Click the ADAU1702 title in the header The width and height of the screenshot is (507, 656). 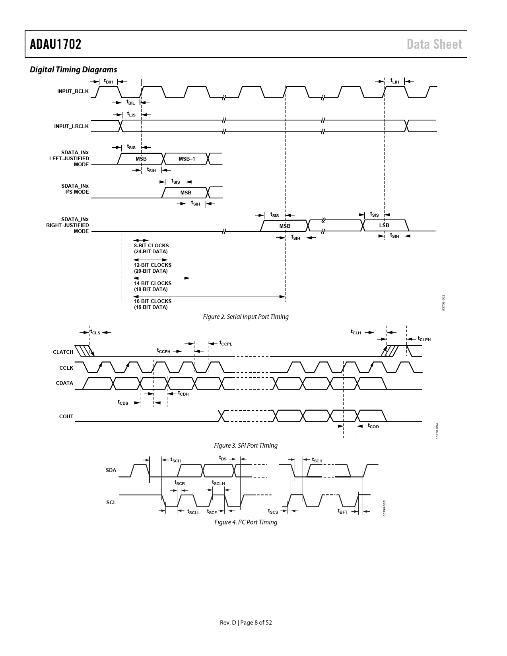(x=56, y=44)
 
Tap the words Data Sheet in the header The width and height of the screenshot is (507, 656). (x=434, y=44)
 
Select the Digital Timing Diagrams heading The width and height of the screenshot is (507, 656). (x=74, y=70)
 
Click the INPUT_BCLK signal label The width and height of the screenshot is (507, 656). (x=73, y=91)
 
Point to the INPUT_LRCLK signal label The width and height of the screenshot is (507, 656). (x=72, y=126)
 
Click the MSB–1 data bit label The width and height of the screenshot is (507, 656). (x=187, y=159)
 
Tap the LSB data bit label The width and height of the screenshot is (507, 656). (x=384, y=225)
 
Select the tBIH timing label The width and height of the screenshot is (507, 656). (x=109, y=81)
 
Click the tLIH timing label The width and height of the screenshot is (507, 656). (x=395, y=81)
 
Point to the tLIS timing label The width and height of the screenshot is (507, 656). (x=131, y=114)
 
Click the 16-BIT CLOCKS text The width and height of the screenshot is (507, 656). (x=153, y=301)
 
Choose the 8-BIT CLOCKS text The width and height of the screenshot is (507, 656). (x=151, y=245)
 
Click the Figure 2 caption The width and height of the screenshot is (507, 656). (x=246, y=317)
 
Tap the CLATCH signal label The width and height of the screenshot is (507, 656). (x=63, y=352)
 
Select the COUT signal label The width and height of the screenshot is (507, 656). (x=66, y=416)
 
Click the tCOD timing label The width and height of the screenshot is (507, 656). (x=373, y=426)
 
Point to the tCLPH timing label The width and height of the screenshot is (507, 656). (x=424, y=339)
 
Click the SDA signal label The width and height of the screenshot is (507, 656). (x=111, y=470)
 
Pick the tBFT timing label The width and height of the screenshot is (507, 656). (x=342, y=511)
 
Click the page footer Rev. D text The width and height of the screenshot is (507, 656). (x=228, y=623)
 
